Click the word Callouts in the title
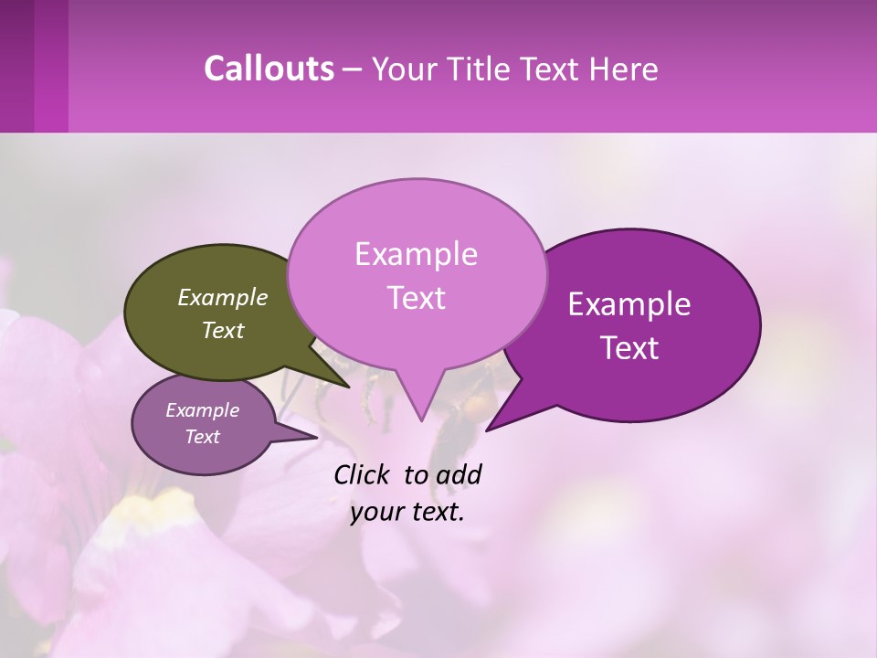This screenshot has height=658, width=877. (269, 69)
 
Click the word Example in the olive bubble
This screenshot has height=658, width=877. (223, 297)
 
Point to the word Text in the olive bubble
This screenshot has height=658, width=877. (223, 330)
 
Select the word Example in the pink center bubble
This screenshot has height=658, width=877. (416, 254)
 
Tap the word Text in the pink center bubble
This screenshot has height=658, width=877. (416, 298)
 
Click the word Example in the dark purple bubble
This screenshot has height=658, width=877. (629, 304)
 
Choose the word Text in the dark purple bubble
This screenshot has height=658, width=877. (629, 348)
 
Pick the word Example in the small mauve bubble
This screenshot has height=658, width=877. (203, 410)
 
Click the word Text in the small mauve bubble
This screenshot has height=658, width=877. (203, 437)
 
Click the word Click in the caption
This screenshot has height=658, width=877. (364, 474)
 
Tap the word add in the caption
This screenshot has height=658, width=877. (459, 474)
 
